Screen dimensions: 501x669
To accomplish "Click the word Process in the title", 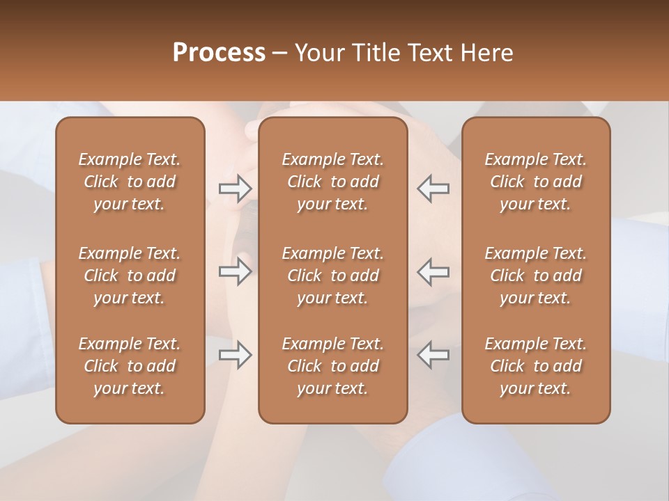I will pyautogui.click(x=219, y=53).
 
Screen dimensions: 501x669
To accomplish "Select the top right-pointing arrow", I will pyautogui.click(x=236, y=189).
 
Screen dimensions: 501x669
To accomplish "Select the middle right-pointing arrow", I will pyautogui.click(x=236, y=271).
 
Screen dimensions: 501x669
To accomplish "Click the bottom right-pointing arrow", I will pyautogui.click(x=236, y=355).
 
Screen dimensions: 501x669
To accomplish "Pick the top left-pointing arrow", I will pyautogui.click(x=433, y=189).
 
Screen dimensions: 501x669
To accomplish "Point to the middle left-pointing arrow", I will pyautogui.click(x=433, y=271).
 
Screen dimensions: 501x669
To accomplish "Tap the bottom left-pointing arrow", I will pyautogui.click(x=433, y=355).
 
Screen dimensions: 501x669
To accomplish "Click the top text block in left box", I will pyautogui.click(x=130, y=182).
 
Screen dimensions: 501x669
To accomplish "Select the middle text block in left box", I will pyautogui.click(x=130, y=276).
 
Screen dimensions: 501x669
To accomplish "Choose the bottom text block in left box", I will pyautogui.click(x=130, y=366).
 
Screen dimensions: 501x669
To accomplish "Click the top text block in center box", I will pyautogui.click(x=332, y=182).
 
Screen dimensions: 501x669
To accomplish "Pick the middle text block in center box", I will pyautogui.click(x=332, y=276).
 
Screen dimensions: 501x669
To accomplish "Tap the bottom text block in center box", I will pyautogui.click(x=332, y=366).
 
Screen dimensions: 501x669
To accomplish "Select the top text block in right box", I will pyautogui.click(x=535, y=182).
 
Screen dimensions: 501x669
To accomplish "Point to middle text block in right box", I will pyautogui.click(x=535, y=276).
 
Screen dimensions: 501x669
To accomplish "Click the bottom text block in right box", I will pyautogui.click(x=535, y=366).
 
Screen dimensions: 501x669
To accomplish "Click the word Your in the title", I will pyautogui.click(x=318, y=53).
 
